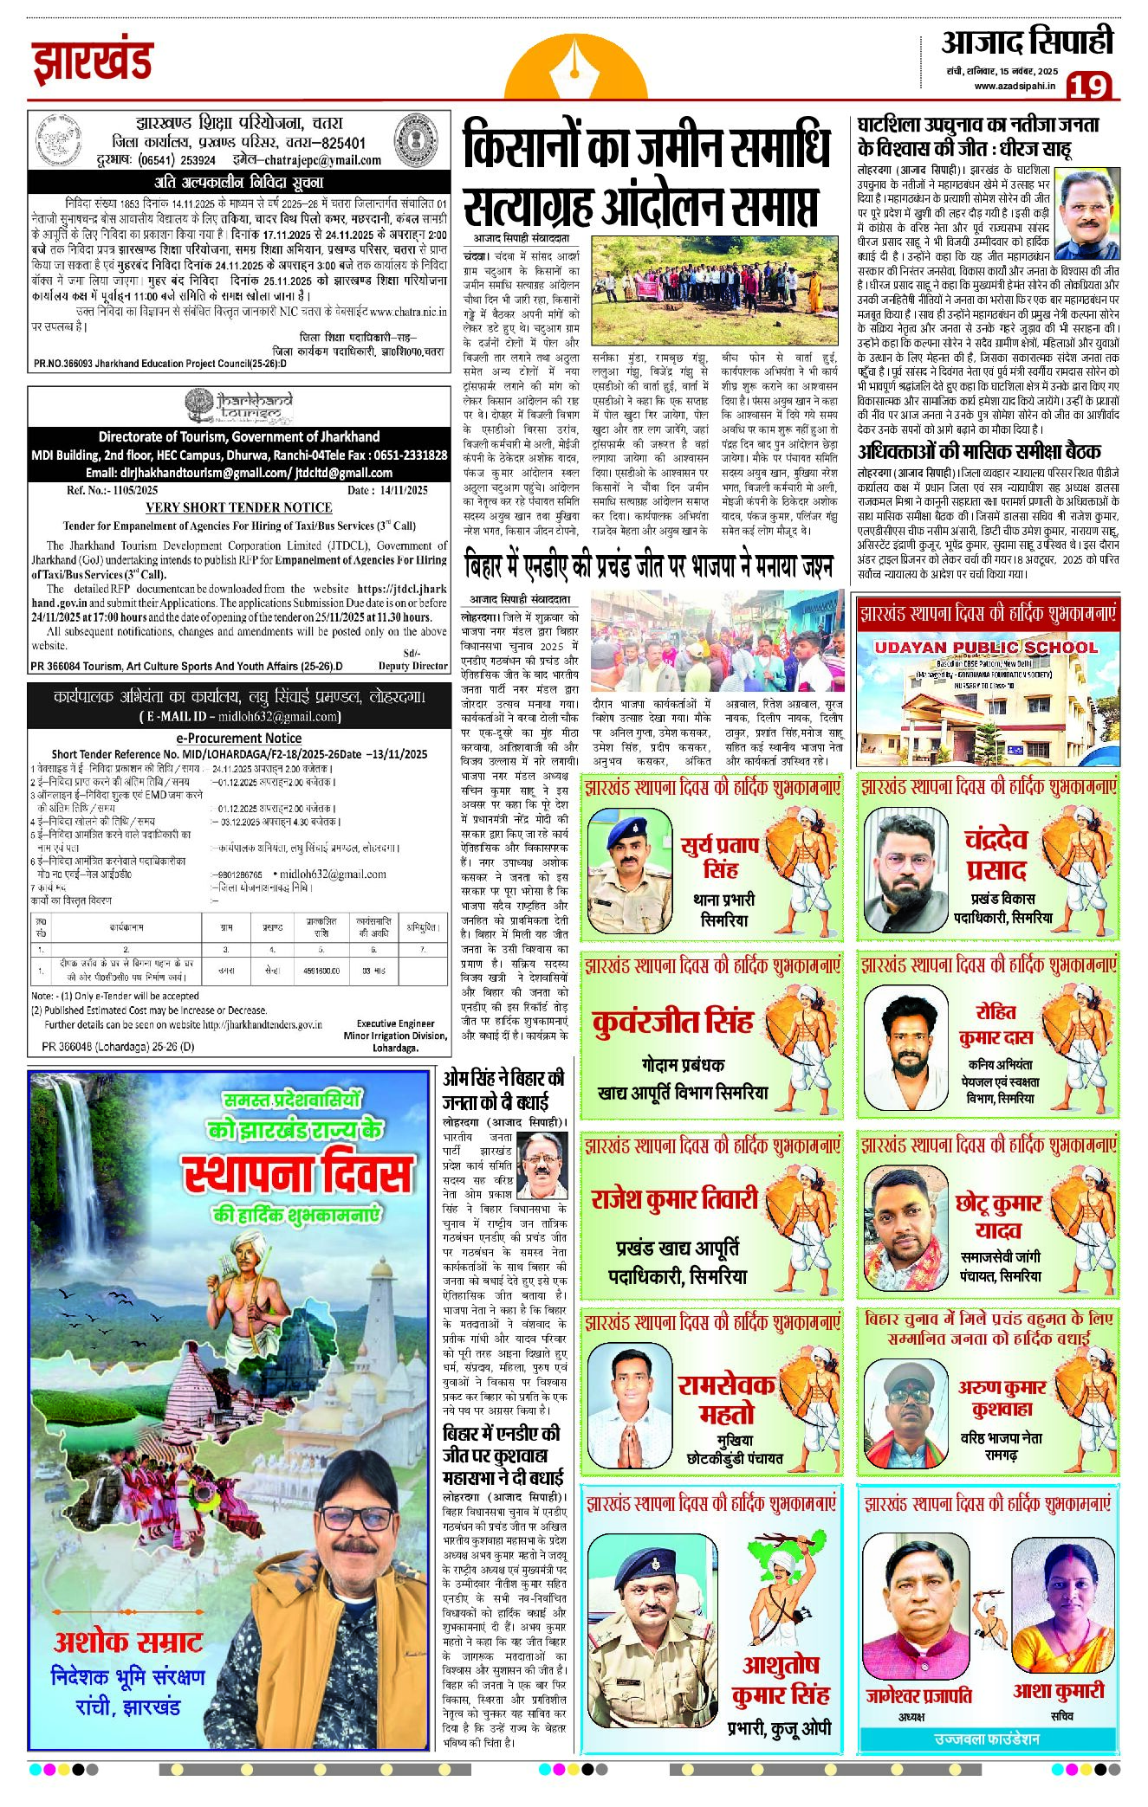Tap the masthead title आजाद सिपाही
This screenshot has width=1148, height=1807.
[1027, 42]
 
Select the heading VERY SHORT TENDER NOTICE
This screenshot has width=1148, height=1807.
[238, 507]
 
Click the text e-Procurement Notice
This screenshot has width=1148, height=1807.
[238, 739]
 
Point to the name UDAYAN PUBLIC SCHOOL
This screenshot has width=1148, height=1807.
[986, 647]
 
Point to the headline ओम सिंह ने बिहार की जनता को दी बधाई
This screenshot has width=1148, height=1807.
[503, 1090]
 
